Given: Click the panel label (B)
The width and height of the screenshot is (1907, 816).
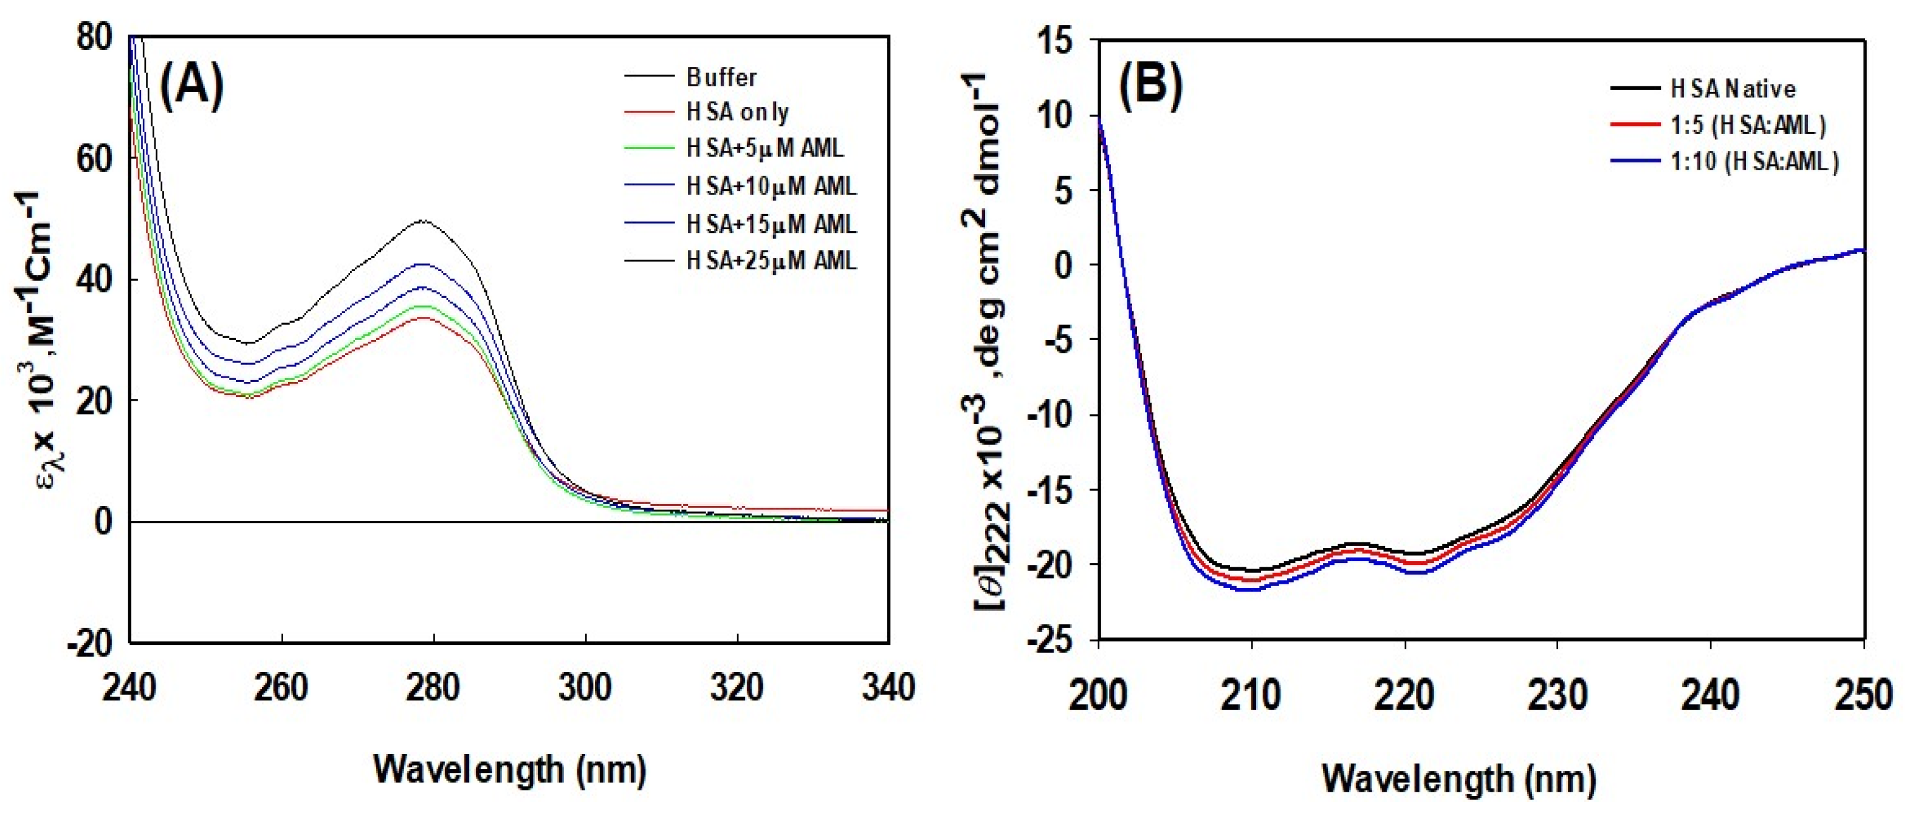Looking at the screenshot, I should click(1150, 86).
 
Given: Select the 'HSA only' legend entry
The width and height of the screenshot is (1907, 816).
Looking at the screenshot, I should click(737, 112).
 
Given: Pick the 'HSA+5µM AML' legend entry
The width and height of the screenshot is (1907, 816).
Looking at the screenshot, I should click(765, 148).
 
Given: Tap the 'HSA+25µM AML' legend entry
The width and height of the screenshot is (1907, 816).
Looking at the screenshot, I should click(771, 261).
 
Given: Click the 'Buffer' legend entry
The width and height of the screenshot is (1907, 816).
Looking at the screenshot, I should click(721, 77).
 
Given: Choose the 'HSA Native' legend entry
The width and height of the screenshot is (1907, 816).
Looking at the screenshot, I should click(1733, 89).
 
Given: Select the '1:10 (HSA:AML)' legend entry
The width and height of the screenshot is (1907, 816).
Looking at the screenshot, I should click(1754, 161).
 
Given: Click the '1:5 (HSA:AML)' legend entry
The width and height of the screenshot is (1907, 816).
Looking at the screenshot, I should click(1748, 125).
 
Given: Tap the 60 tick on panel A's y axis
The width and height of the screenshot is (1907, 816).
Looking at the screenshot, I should click(94, 159).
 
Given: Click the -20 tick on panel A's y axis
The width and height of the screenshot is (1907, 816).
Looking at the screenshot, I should click(89, 643).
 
